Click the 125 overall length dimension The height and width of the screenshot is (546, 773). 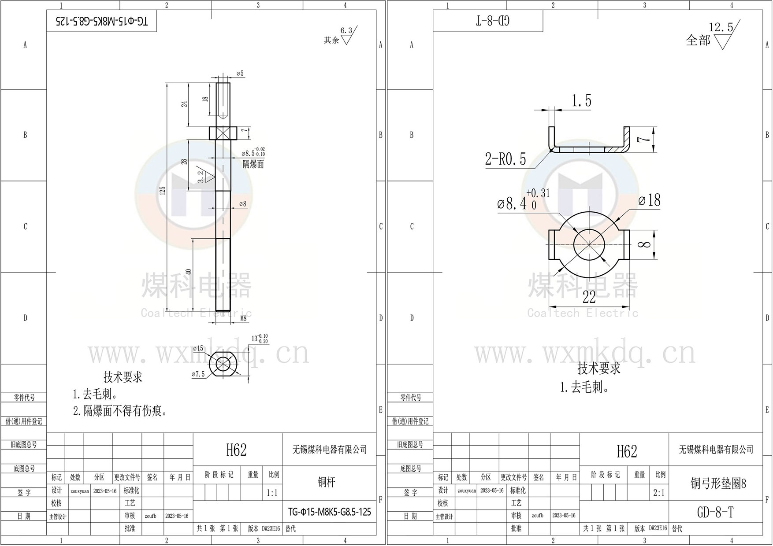click(163, 191)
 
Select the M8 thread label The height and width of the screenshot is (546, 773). click(243, 318)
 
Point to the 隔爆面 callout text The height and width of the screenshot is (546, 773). click(253, 164)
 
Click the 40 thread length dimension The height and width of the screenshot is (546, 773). click(189, 273)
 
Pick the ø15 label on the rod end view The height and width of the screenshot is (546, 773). click(198, 348)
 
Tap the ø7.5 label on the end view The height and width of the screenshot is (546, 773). click(198, 374)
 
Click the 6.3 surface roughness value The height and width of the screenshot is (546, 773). click(346, 30)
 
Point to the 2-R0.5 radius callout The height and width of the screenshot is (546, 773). click(505, 159)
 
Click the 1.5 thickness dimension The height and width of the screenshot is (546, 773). click(581, 101)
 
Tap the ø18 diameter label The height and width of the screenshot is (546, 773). click(650, 200)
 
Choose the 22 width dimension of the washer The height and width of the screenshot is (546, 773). click(589, 297)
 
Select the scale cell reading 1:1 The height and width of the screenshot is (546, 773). click(272, 493)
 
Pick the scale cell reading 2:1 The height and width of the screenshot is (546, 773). click(659, 493)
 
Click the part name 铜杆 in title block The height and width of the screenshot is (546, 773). click(327, 482)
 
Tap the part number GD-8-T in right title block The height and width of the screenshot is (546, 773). click(715, 512)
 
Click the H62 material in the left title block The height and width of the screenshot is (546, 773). click(236, 450)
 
